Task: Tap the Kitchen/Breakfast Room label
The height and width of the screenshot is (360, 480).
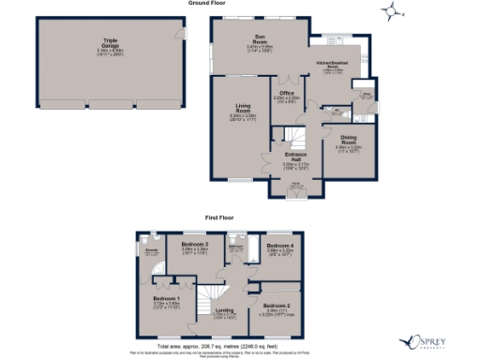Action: pyautogui.click(x=336, y=66)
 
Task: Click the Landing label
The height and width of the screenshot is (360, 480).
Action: pyautogui.click(x=224, y=311)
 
